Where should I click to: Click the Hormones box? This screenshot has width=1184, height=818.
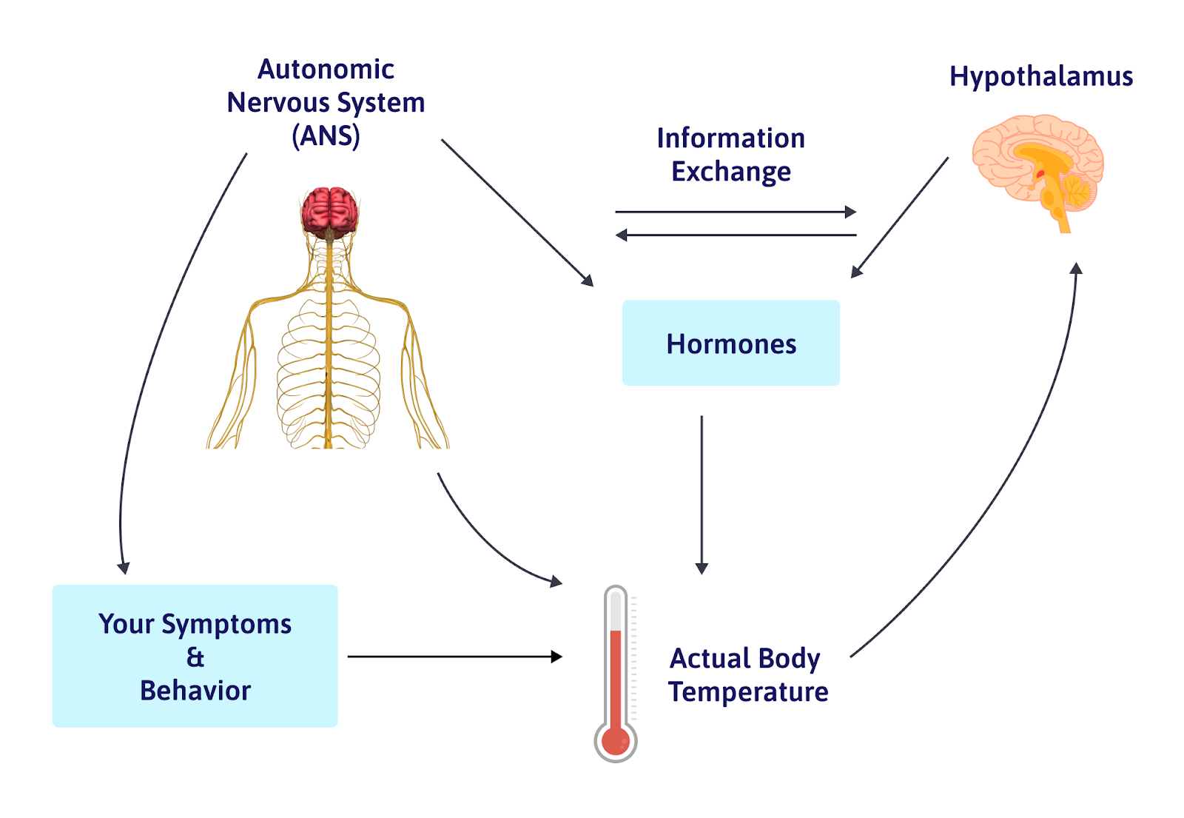pos(730,343)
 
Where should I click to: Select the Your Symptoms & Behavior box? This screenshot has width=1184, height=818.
pos(195,656)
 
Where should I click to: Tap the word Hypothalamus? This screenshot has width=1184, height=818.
pos(1040,76)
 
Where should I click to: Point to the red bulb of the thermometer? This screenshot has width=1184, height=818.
pos(615,740)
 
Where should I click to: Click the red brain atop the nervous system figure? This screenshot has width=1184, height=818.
pos(329,210)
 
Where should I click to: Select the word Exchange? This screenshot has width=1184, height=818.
pos(730,172)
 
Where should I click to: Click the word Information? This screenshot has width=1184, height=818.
pos(730,138)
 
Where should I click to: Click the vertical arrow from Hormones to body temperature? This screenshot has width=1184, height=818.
pos(702,492)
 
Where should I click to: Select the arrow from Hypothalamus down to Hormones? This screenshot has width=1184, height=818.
pos(899,218)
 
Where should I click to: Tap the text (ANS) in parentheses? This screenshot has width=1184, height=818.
pos(326,136)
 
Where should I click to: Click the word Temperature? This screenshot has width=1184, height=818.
pos(747,692)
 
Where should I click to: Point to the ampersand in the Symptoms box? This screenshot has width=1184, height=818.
pos(195,657)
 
